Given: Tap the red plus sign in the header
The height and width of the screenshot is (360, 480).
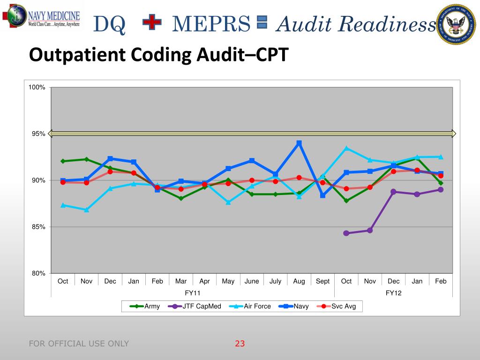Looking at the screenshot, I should [x=151, y=22].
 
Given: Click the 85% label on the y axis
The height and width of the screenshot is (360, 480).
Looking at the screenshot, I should [x=38, y=227].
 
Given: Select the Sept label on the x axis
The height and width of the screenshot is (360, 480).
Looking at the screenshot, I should [x=322, y=281].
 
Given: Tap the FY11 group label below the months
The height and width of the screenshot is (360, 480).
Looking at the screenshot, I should [x=193, y=293].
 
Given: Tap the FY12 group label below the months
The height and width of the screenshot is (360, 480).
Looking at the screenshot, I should [x=393, y=293].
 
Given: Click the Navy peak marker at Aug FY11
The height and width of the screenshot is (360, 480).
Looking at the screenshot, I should [x=299, y=143].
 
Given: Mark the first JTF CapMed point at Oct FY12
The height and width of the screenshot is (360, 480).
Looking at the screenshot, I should [x=346, y=233].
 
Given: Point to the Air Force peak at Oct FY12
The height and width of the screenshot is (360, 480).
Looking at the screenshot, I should [x=346, y=148].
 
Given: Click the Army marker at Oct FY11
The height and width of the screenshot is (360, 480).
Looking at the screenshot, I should [x=63, y=161].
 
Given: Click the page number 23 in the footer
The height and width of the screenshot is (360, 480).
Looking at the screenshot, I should [x=240, y=344].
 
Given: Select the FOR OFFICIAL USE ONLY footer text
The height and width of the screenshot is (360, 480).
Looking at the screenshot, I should [x=79, y=344].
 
